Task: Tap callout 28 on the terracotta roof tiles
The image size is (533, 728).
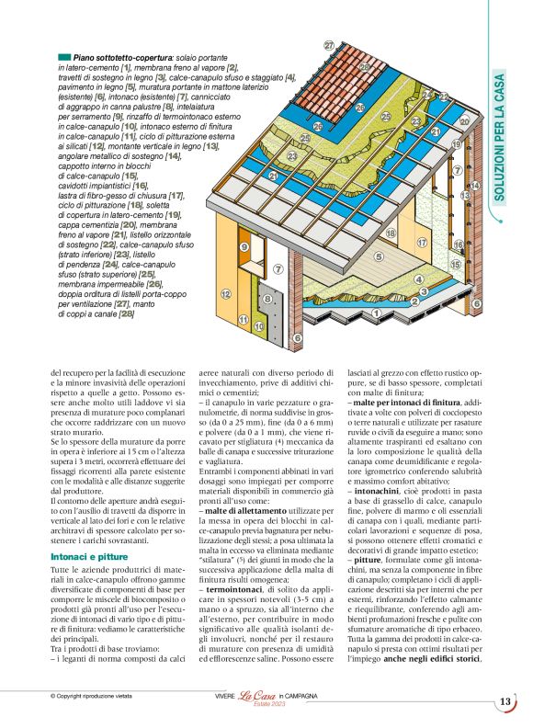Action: (x=365, y=67)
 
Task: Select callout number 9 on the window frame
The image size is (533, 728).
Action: (x=244, y=246)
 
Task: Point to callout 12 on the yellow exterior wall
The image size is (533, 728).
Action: (x=226, y=294)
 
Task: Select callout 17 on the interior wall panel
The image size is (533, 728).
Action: (x=422, y=243)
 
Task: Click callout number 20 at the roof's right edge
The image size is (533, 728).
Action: (x=464, y=120)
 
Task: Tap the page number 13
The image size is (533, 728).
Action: (x=505, y=702)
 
